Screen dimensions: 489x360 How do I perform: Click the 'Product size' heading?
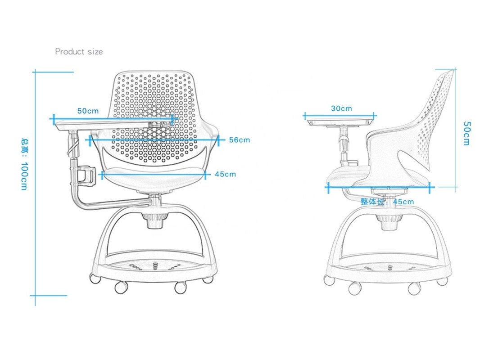[x=79, y=51]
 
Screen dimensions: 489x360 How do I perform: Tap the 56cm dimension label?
[x=240, y=140]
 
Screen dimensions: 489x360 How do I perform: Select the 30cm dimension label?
[x=341, y=108]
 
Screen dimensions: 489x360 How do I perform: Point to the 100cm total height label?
[x=24, y=164]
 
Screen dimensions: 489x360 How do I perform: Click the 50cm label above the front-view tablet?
[x=88, y=111]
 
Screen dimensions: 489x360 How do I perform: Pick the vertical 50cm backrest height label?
[x=466, y=133]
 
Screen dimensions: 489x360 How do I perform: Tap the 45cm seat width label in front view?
[x=226, y=174]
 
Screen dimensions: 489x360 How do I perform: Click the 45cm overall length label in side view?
[x=387, y=202]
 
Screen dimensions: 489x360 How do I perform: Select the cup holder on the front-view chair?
[x=86, y=176]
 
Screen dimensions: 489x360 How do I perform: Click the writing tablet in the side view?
[x=340, y=122]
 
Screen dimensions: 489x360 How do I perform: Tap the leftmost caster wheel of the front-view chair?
[x=95, y=278]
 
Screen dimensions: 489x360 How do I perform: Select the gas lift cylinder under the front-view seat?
[x=154, y=220]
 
